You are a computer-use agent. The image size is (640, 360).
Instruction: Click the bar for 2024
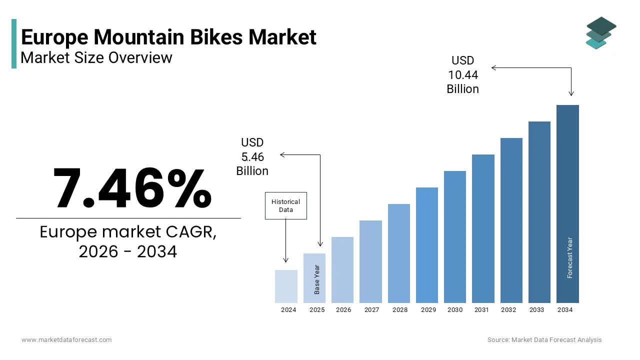286,286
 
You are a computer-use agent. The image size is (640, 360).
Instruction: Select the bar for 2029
426,245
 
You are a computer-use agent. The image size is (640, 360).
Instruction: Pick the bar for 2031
483,228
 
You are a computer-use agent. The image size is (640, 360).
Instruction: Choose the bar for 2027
370,261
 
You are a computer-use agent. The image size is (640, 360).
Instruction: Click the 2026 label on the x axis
343,310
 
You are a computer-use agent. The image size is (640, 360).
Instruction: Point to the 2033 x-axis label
536,310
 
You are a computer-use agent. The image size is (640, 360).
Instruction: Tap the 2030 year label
455,310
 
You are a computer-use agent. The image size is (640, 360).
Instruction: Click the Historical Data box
285,205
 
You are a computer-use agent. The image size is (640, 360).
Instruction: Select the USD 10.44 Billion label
462,75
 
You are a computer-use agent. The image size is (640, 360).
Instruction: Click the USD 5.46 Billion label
252,157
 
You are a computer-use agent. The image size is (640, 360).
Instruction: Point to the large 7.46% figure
132,188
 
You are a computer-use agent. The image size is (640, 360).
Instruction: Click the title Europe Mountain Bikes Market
168,37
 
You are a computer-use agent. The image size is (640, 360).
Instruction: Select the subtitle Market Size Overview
96,58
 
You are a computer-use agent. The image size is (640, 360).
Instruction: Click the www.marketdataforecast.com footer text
66,340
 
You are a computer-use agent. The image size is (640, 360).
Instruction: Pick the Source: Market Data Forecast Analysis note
544,340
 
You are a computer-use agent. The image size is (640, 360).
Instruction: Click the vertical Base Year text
317,279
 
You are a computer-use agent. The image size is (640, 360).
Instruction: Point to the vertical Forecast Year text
569,257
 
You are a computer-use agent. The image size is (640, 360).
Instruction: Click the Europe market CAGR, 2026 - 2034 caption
128,242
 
